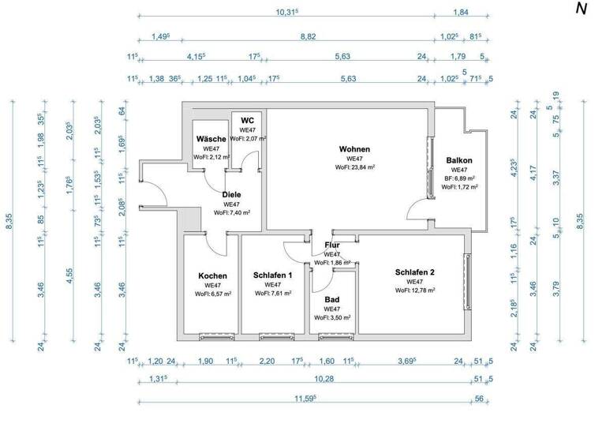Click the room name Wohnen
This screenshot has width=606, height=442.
354,149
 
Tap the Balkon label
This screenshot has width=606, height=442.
458,159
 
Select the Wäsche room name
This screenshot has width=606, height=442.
210,139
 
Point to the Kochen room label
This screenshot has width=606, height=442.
212,275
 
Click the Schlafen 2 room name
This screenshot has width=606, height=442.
414,272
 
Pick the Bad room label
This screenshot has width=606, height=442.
332,299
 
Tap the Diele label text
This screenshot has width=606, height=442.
231,194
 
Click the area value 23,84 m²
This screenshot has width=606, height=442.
354,167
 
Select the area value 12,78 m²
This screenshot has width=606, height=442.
414,290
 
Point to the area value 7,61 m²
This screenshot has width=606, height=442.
273,293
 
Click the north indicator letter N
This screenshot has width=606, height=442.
582,9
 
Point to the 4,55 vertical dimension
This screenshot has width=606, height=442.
70,275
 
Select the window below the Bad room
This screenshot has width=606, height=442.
331,336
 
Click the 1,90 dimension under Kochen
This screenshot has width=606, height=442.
204,361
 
